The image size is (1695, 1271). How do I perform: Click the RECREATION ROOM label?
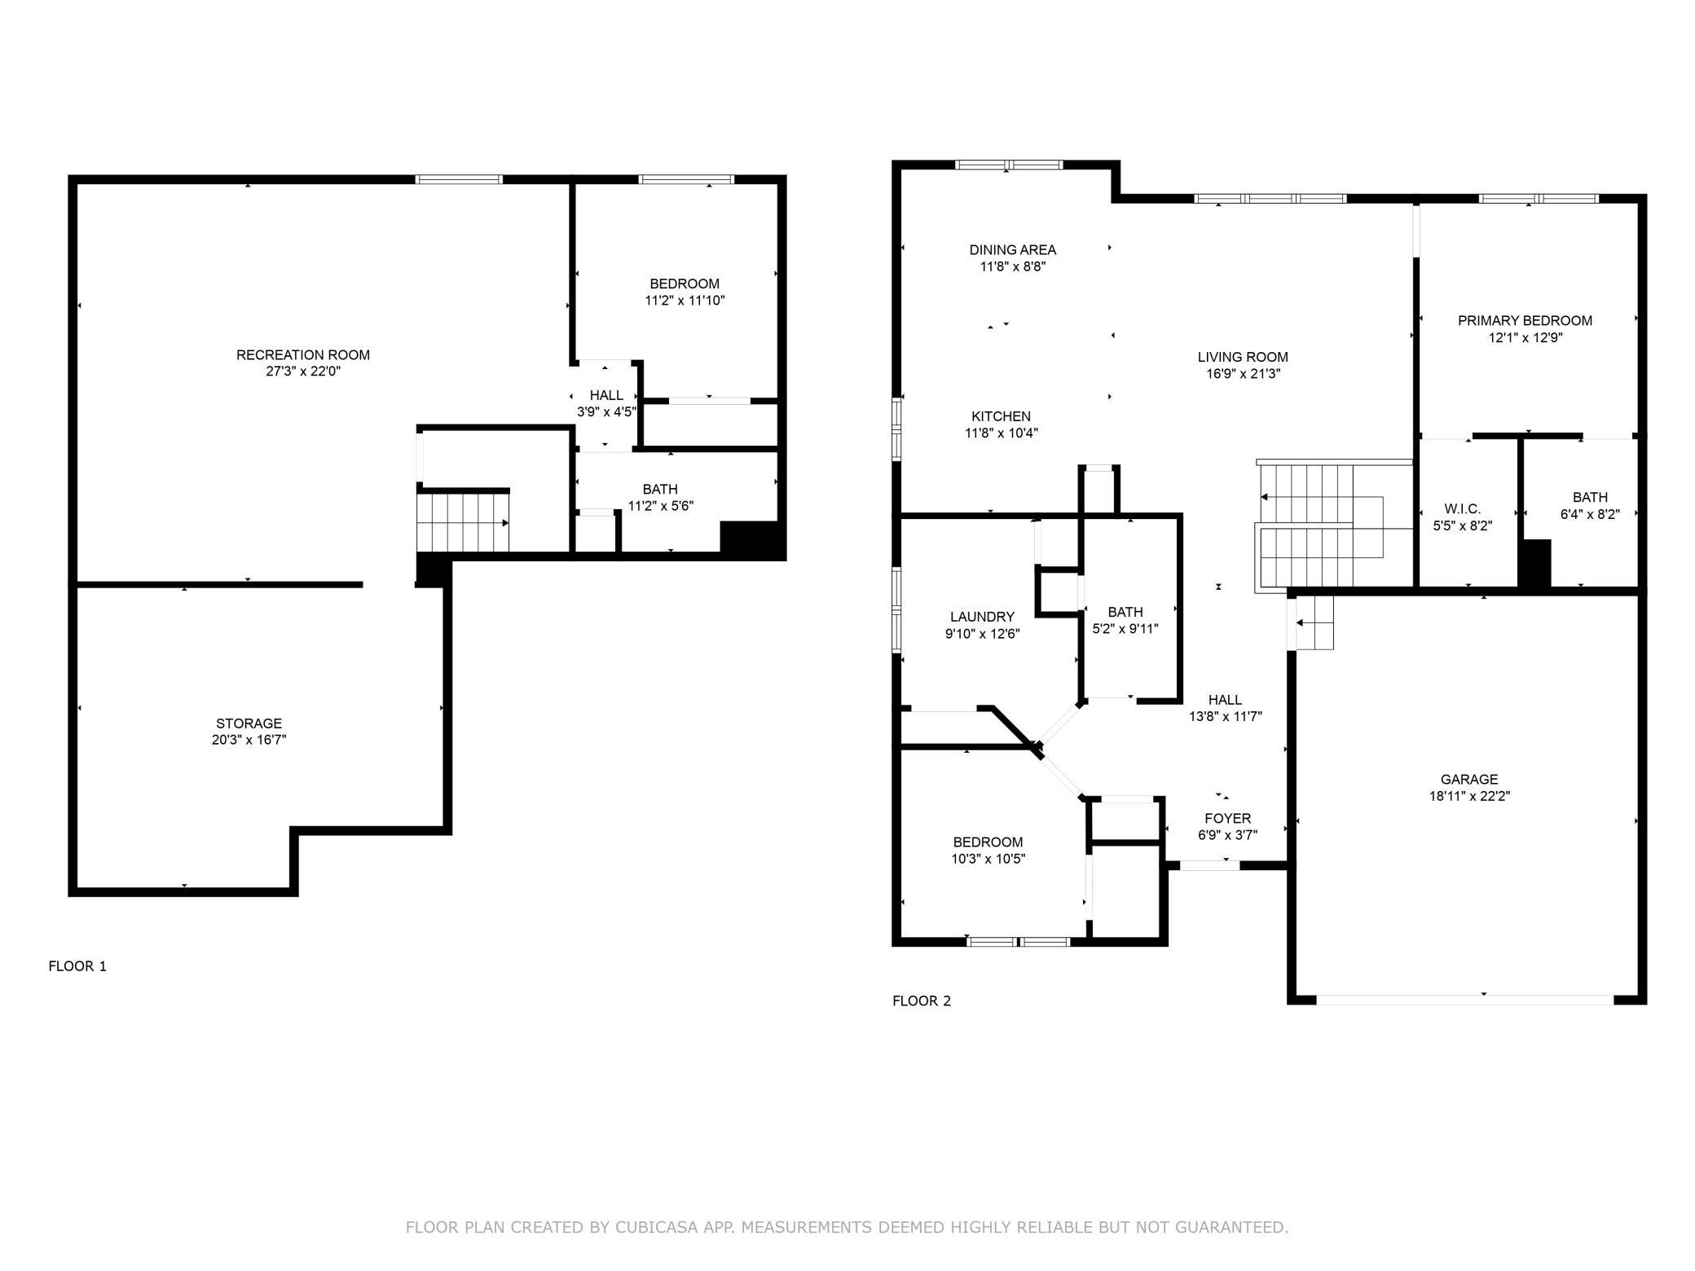pos(303,354)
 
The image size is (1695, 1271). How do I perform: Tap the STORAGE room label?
pos(249,723)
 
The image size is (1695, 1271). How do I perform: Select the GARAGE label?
pos(1469,779)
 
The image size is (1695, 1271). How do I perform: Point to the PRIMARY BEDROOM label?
pos(1525,320)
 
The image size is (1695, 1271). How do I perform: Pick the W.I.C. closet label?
pos(1463,509)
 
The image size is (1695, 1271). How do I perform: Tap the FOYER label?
pos(1227,818)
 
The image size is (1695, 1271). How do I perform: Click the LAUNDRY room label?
pos(982,617)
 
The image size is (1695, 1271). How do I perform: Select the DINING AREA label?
pos(1012,249)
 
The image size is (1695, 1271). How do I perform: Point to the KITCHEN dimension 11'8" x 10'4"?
pos(1002,433)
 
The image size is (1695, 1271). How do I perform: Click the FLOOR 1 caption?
pos(77,966)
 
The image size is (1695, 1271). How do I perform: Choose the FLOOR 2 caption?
pos(922,1001)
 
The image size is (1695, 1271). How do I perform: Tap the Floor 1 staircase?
pos(463,522)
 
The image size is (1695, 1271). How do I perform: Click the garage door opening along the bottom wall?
pos(1464,999)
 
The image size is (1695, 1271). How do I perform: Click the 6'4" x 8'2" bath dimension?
pos(1590,514)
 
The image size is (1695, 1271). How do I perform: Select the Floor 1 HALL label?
pos(606,395)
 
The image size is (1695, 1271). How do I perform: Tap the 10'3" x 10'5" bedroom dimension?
pos(988,859)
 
